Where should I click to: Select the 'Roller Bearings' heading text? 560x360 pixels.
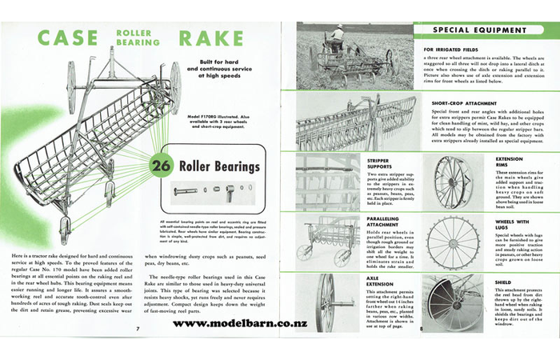[x=218, y=166]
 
